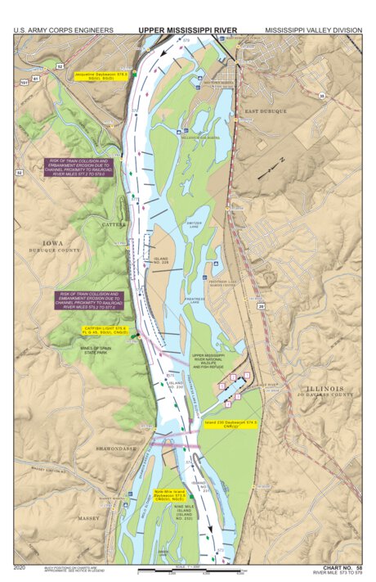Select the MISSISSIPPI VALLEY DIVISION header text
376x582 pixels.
click(313, 30)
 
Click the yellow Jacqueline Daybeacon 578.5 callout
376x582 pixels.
click(90, 75)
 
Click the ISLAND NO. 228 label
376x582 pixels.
click(161, 260)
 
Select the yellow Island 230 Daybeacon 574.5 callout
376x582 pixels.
click(231, 424)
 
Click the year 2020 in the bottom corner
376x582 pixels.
click(21, 566)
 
